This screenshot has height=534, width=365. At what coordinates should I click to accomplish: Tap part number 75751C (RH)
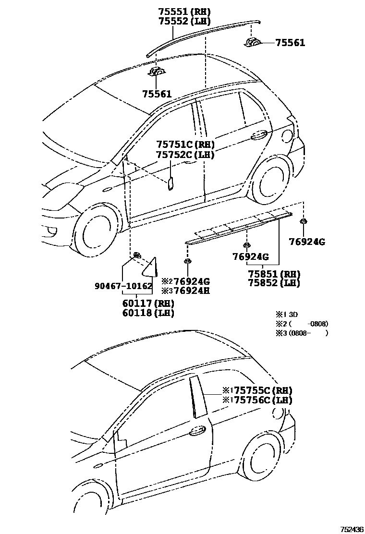(185, 145)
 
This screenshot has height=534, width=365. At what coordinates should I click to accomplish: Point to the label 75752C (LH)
(185, 154)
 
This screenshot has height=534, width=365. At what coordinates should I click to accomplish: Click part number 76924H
(191, 291)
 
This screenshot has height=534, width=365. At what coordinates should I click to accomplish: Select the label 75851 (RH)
(274, 274)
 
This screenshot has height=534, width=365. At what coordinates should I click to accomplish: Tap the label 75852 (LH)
(274, 283)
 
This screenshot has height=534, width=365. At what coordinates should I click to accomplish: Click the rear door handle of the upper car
(259, 135)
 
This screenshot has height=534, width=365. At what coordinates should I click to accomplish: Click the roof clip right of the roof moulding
(253, 42)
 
